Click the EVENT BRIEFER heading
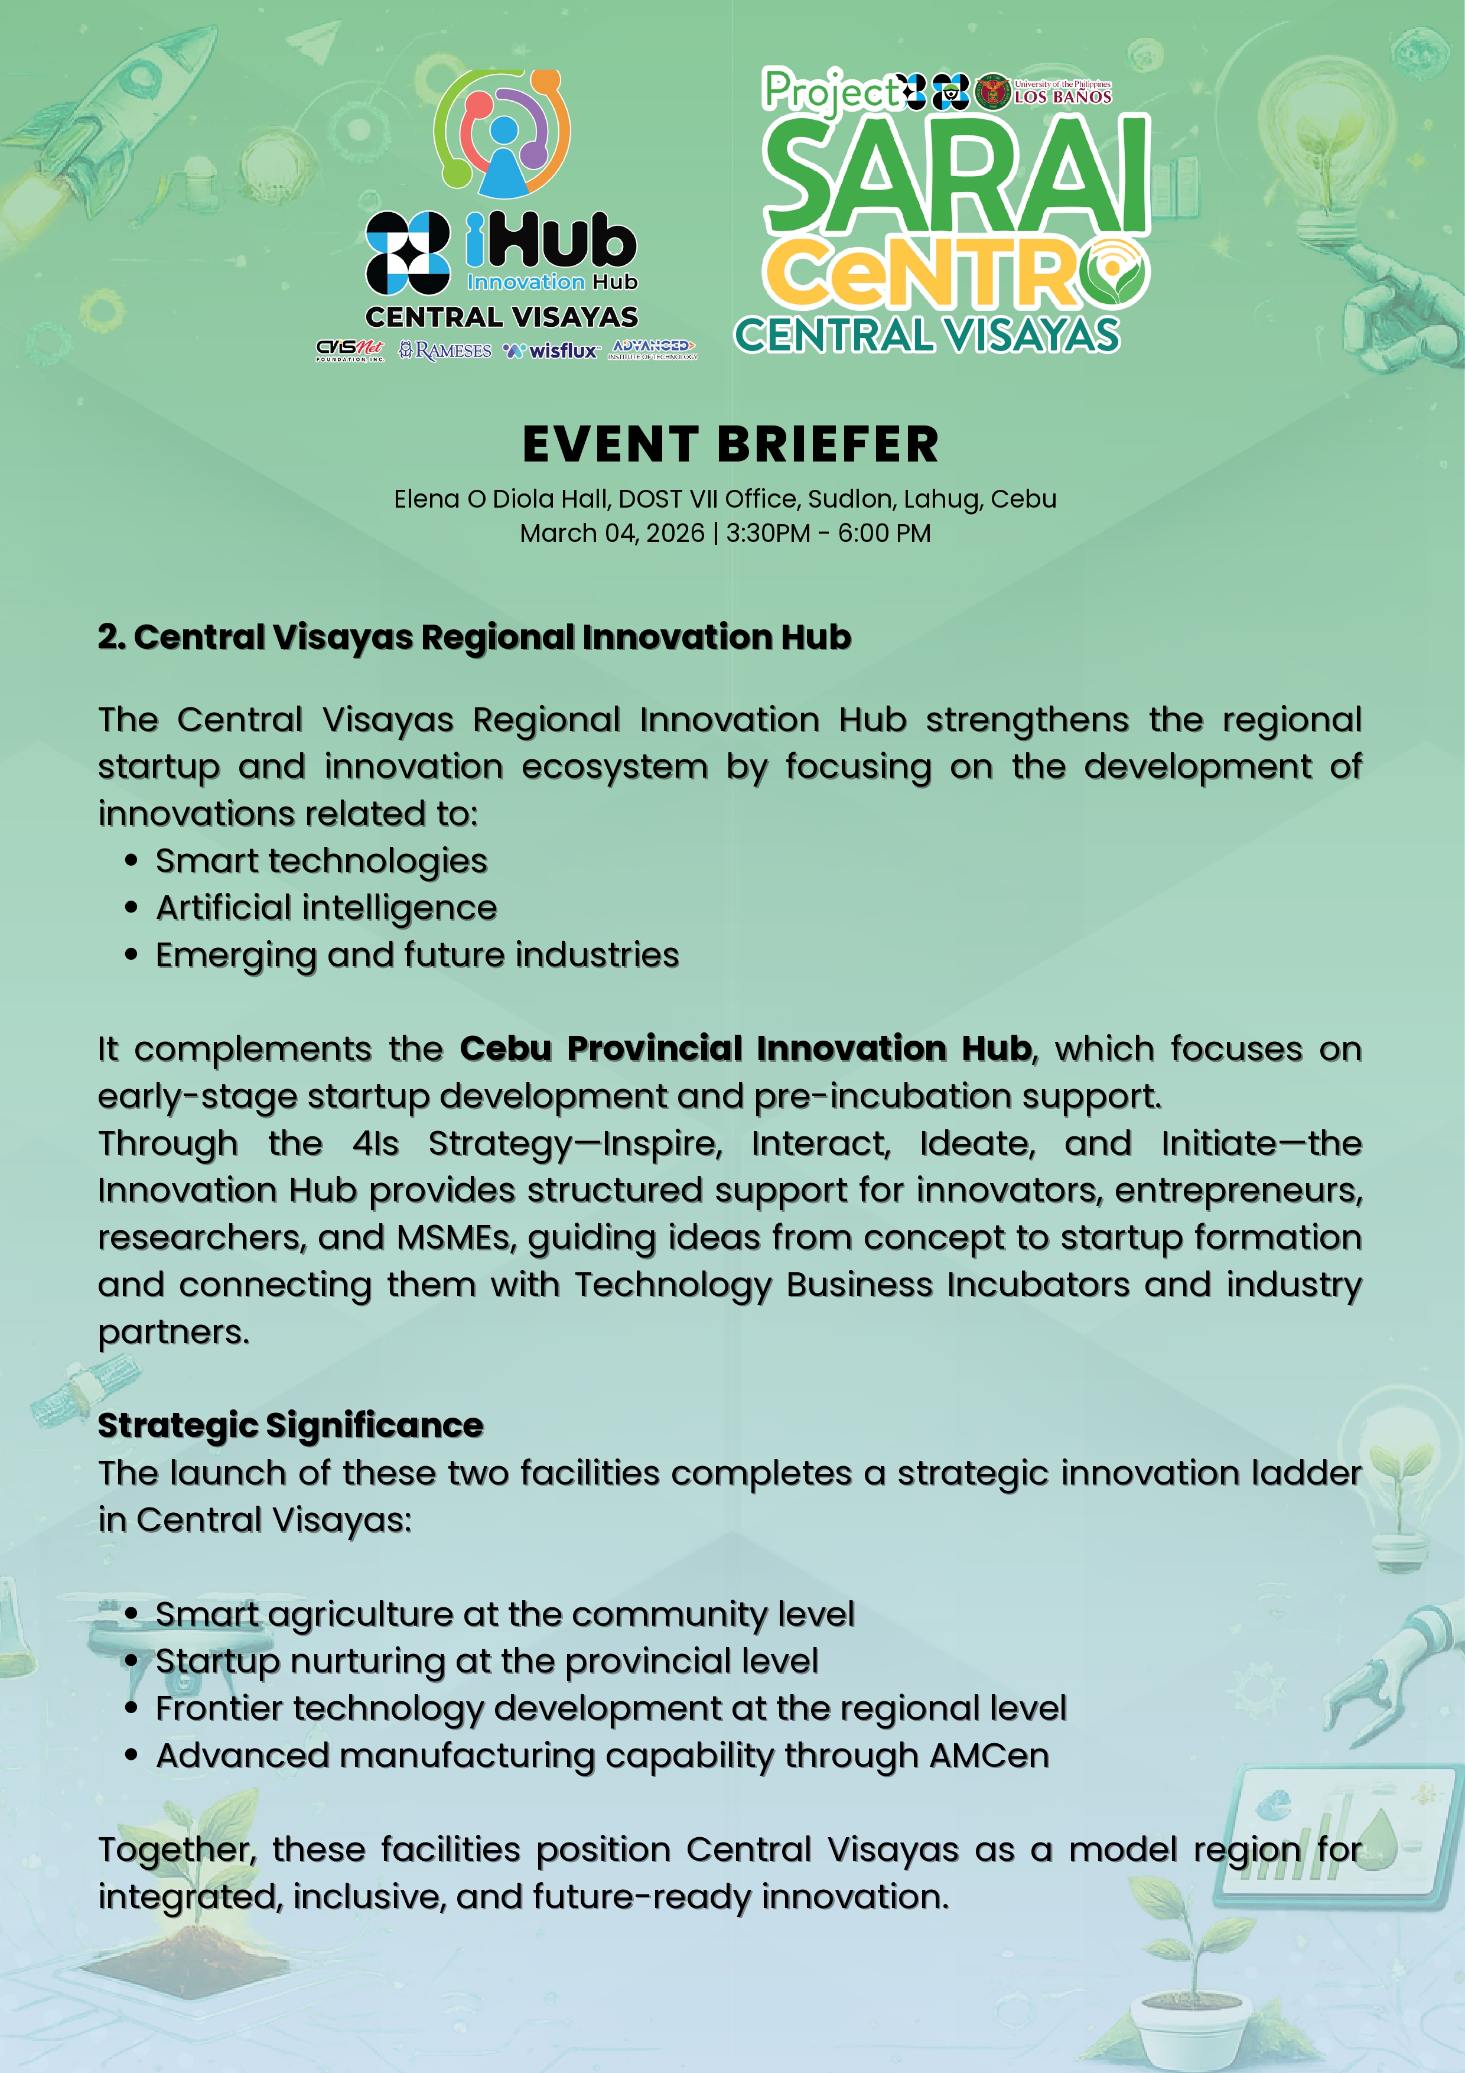[x=731, y=444]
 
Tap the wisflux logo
[x=552, y=350]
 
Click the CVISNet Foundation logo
[x=350, y=350]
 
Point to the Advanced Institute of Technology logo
[x=653, y=349]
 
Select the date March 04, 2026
[x=611, y=534]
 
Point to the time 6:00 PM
[x=884, y=534]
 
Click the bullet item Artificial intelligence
[x=326, y=908]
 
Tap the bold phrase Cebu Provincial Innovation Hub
[x=745, y=1049]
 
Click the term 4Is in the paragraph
[x=376, y=1144]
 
